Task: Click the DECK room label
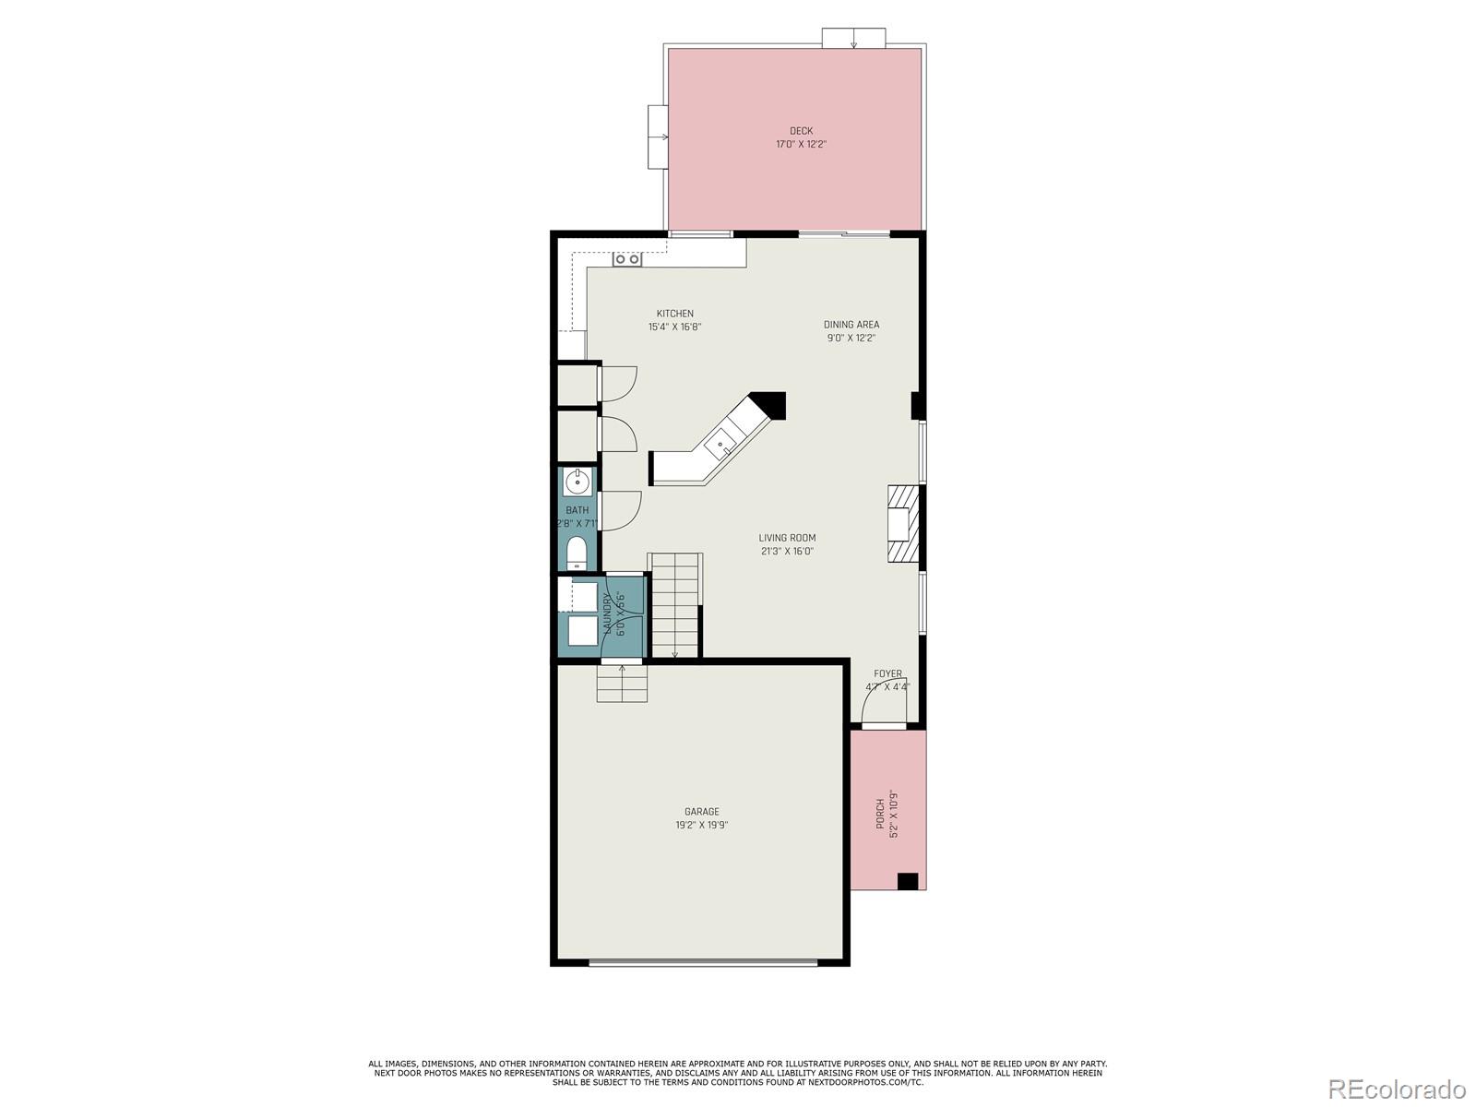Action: pos(801,131)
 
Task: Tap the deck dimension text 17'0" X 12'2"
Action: pos(801,145)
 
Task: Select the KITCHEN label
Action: pos(674,314)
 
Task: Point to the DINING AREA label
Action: pos(851,325)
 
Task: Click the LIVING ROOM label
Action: pos(787,538)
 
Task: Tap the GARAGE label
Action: pos(701,812)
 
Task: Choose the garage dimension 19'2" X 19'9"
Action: pos(701,826)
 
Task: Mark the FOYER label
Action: pos(887,673)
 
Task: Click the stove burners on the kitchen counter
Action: pos(627,259)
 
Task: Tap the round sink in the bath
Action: pos(577,481)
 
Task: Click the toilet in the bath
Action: pos(577,553)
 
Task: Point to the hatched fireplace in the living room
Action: pos(903,523)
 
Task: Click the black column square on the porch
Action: pos(908,881)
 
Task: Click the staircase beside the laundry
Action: pos(675,604)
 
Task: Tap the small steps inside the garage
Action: pos(621,684)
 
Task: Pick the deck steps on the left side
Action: pos(658,137)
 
